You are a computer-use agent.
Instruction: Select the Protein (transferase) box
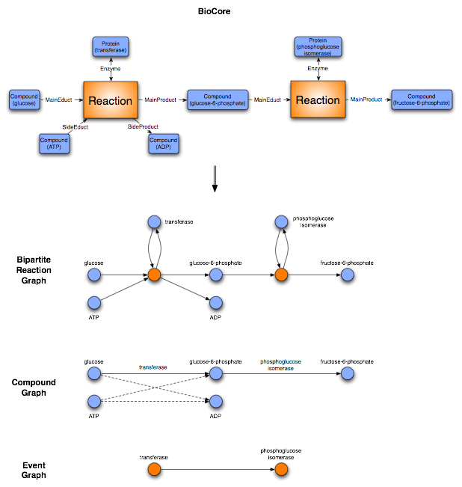(x=111, y=46)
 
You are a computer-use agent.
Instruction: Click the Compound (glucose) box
(x=24, y=99)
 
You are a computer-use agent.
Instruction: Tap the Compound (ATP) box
(x=55, y=142)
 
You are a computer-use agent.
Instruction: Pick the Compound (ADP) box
(x=164, y=143)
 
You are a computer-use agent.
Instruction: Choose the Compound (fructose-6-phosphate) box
(x=422, y=99)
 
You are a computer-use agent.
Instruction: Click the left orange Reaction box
(x=111, y=100)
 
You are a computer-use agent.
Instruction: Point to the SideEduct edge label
(x=75, y=127)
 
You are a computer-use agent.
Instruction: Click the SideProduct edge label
(x=143, y=127)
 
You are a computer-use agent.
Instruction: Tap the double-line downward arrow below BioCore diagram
(x=215, y=180)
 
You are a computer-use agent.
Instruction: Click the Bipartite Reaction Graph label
(x=36, y=270)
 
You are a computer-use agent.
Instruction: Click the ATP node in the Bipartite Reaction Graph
(x=94, y=302)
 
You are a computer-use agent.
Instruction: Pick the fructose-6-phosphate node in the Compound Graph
(x=346, y=373)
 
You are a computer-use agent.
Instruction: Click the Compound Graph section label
(x=34, y=388)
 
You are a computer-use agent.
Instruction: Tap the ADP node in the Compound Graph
(x=216, y=401)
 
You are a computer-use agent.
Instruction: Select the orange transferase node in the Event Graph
(x=154, y=469)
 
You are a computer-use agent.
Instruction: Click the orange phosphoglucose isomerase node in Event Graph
(x=281, y=469)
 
